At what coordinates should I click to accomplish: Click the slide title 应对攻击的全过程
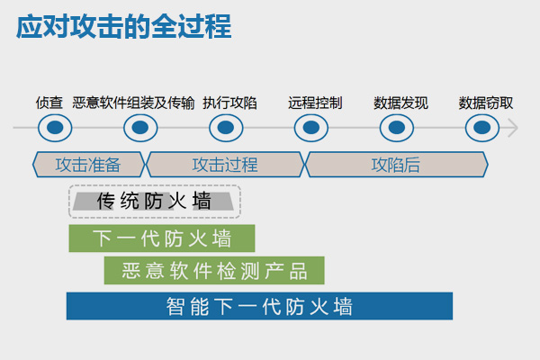124,26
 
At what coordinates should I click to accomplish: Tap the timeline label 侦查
49,103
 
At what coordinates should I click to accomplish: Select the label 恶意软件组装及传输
133,103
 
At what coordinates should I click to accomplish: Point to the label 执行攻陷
229,103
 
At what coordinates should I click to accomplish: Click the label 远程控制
315,103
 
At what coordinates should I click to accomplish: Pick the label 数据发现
400,103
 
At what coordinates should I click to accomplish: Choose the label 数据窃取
486,103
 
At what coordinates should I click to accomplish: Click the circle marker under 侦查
55,128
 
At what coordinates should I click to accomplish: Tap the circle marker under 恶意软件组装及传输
140,128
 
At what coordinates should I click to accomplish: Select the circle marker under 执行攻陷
226,128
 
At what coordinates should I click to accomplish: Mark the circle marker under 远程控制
311,128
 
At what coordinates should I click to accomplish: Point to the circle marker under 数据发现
397,128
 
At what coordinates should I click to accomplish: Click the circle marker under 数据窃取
482,128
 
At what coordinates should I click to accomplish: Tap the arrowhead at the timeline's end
517,128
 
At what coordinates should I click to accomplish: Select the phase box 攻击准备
88,165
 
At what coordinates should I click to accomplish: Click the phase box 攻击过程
225,165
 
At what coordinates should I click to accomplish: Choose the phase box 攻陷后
396,165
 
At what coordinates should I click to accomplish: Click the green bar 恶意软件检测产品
214,270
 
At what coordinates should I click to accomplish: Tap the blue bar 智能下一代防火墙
259,306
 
